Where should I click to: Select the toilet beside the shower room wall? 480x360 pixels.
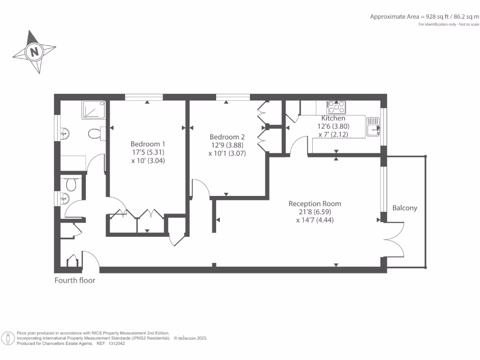pyautogui.click(x=95, y=134)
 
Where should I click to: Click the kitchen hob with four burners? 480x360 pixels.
pyautogui.click(x=337, y=107)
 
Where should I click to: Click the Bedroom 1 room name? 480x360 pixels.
pyautogui.click(x=148, y=144)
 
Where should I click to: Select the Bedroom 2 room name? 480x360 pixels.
pyautogui.click(x=227, y=137)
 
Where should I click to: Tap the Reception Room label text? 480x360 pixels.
pyautogui.click(x=315, y=204)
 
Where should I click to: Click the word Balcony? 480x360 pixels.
pyautogui.click(x=405, y=208)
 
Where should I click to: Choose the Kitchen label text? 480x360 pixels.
pyautogui.click(x=333, y=119)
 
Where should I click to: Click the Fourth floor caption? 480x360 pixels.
pyautogui.click(x=75, y=280)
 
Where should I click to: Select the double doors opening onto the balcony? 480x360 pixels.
pyautogui.click(x=395, y=239)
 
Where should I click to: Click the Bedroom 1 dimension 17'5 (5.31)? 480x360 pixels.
pyautogui.click(x=148, y=152)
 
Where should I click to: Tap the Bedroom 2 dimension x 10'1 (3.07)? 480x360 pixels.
pyautogui.click(x=227, y=153)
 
